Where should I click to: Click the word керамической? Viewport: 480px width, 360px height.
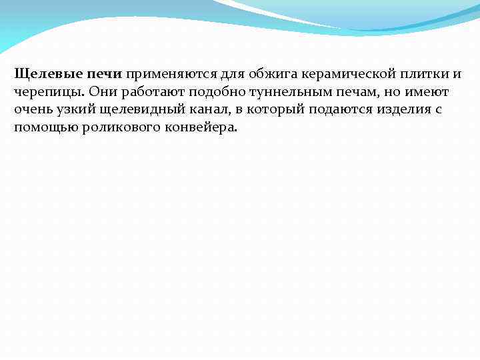click(x=345, y=73)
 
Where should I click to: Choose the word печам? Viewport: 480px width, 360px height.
click(x=353, y=91)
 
